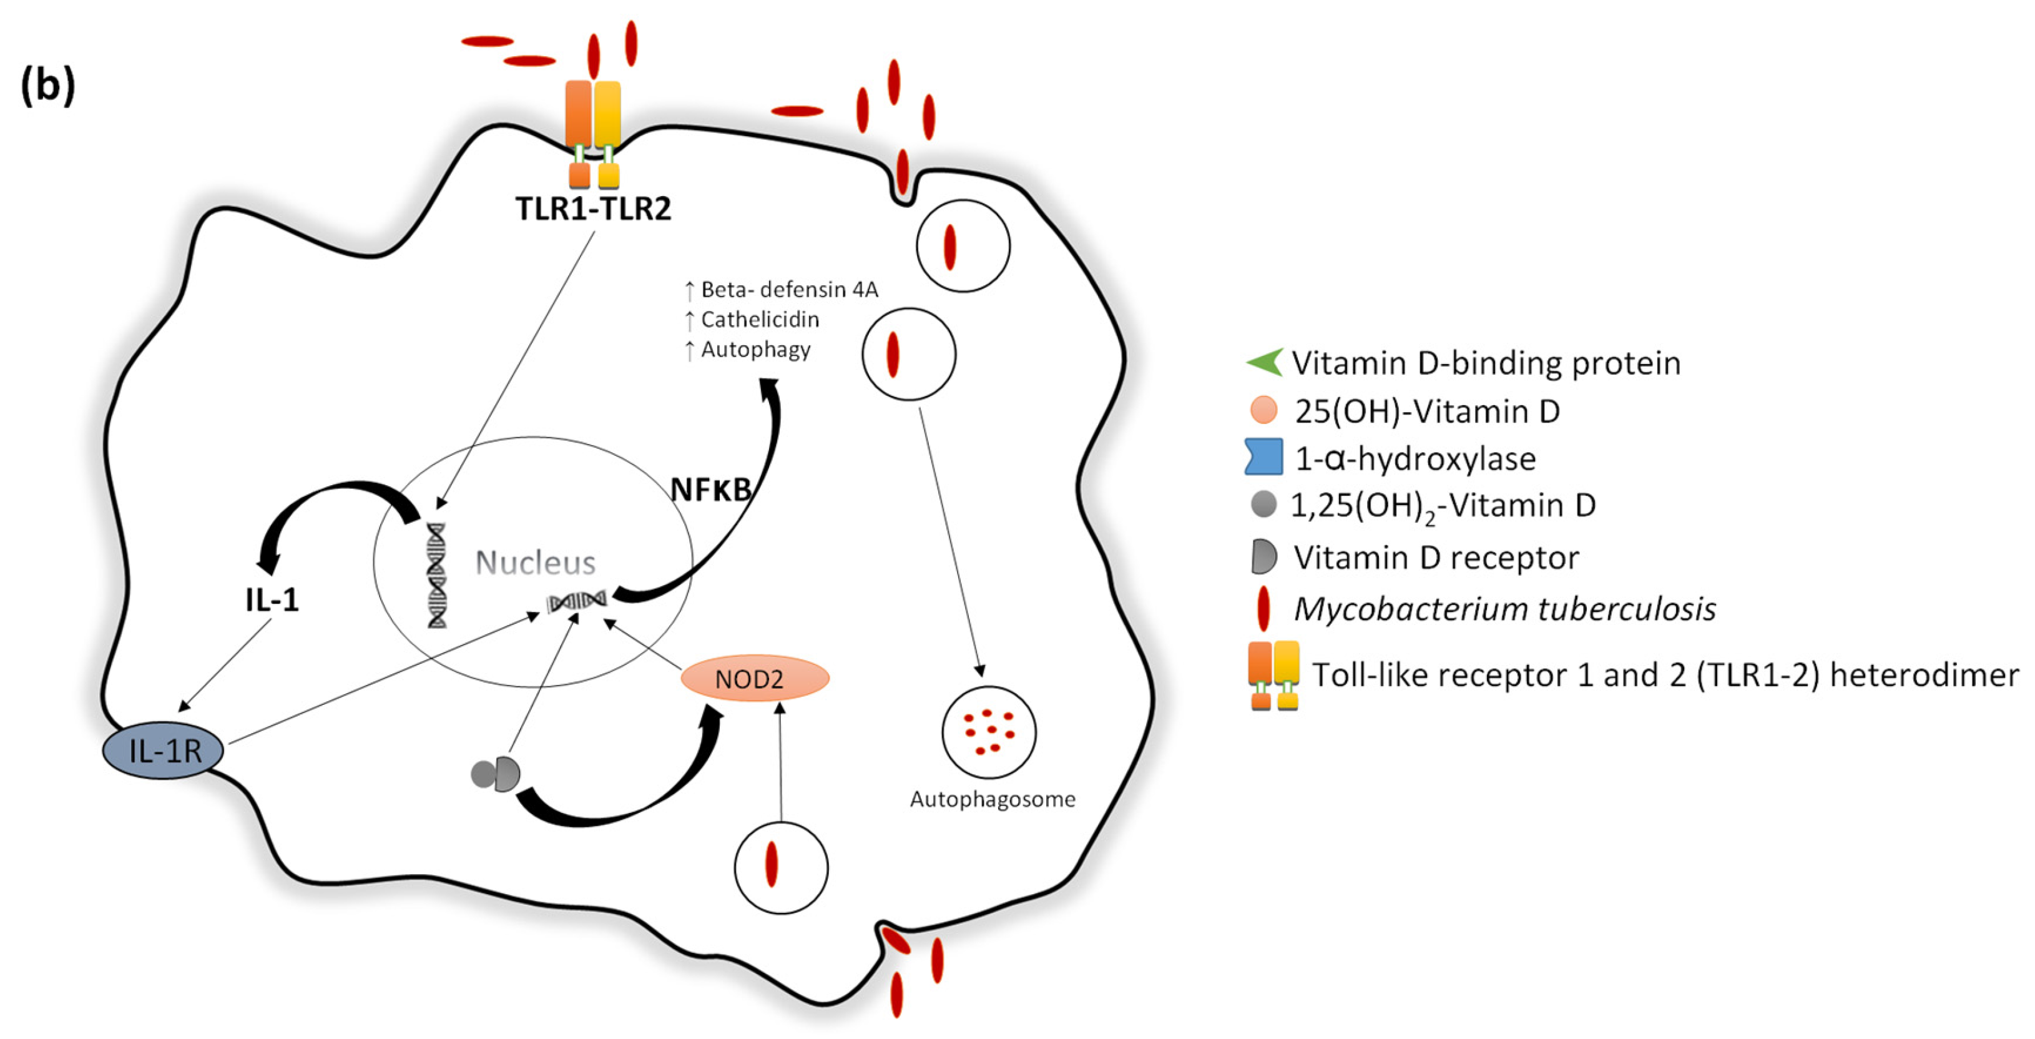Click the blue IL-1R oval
pos(163,750)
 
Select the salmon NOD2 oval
pos(755,678)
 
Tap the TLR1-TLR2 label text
pos(593,209)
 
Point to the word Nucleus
pos(535,563)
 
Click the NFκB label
pos(711,490)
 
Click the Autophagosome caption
pos(993,800)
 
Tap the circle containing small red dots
pos(988,732)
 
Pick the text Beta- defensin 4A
pos(788,290)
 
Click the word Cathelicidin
pos(759,320)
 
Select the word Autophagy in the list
pos(755,349)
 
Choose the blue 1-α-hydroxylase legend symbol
pos(1263,458)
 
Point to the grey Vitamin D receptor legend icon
pos(1263,557)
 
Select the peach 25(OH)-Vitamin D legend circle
pos(1264,410)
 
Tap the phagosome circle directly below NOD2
pos(780,867)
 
